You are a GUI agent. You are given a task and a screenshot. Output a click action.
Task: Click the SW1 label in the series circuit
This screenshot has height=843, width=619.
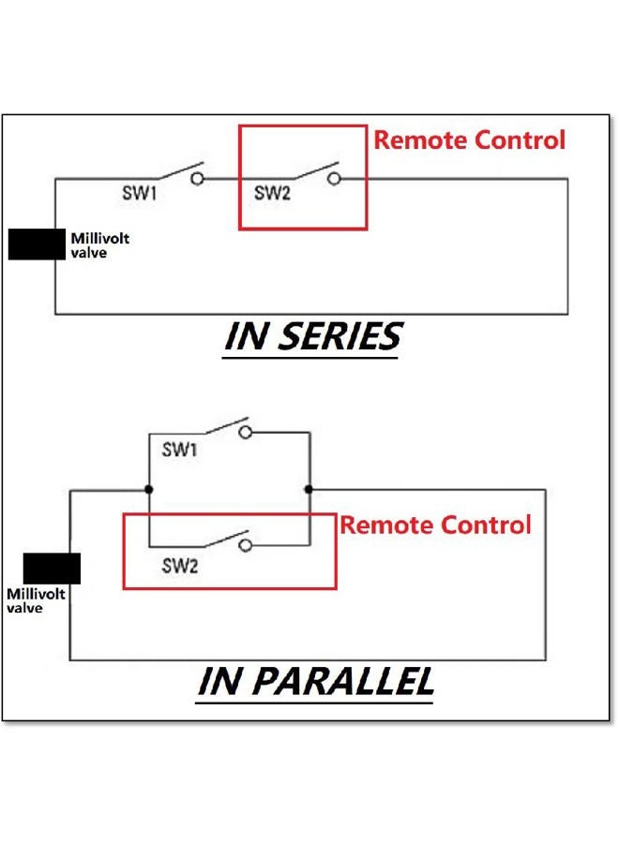140,192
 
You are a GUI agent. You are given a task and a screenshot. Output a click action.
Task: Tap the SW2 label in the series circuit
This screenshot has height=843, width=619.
272,192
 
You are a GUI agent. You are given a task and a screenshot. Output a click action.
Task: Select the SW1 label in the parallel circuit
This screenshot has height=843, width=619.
179,449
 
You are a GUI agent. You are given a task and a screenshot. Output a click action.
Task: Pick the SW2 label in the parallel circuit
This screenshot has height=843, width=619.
180,565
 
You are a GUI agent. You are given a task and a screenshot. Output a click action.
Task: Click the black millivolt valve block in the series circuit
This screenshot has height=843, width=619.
37,244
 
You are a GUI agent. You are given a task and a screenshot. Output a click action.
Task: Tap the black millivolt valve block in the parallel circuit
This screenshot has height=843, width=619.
52,569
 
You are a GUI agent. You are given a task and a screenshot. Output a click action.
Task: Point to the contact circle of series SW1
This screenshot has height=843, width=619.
198,179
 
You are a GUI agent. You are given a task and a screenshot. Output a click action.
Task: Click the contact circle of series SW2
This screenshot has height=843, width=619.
334,179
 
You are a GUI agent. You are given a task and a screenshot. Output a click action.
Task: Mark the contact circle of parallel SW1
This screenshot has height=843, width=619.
246,432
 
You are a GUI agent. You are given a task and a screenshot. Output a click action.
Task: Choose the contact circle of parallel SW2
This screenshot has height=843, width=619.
246,546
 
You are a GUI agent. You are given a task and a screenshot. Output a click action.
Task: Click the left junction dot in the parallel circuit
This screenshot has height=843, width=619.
149,489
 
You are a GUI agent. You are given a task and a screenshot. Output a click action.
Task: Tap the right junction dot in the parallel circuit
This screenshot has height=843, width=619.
309,489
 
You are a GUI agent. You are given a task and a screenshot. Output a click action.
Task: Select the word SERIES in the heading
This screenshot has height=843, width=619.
340,336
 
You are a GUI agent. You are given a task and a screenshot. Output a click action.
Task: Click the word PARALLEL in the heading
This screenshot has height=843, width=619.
343,681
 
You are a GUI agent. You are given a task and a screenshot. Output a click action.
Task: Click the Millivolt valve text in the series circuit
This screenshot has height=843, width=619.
100,245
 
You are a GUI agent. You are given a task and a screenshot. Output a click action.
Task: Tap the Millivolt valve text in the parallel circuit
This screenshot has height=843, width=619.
36,600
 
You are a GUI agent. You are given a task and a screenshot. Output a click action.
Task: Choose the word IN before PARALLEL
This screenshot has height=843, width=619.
219,681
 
